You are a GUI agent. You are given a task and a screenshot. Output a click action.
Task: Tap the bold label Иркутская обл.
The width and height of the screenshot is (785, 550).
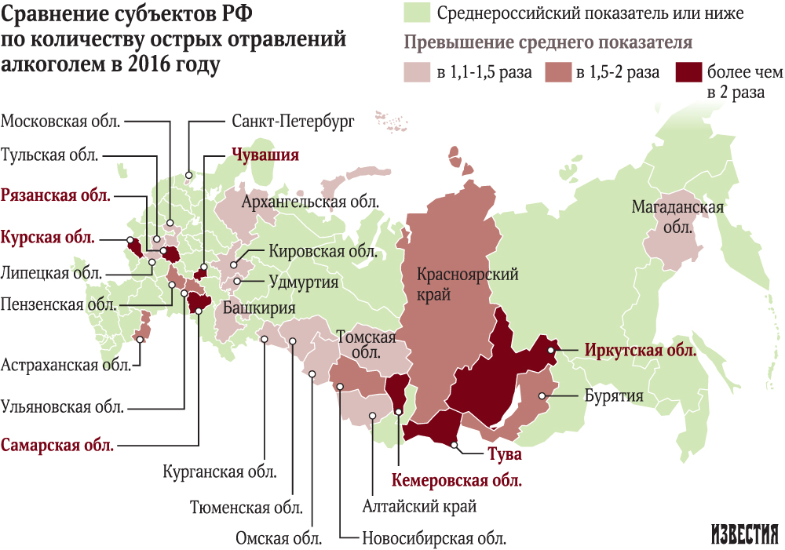click(x=639, y=351)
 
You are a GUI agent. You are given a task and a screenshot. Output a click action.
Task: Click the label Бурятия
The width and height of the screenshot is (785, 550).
click(x=614, y=395)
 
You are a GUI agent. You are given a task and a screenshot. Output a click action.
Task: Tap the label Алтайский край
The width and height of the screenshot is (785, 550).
click(x=419, y=507)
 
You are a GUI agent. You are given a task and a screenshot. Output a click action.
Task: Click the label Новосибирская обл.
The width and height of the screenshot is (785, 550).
click(x=433, y=539)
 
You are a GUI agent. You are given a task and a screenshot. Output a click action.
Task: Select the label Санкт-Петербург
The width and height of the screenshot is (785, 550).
click(x=294, y=122)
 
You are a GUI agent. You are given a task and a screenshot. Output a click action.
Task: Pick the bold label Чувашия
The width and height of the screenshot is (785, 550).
click(x=265, y=155)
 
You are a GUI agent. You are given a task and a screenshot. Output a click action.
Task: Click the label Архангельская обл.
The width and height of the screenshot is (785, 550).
click(x=310, y=202)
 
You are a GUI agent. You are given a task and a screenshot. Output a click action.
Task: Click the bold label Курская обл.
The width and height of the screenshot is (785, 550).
click(x=48, y=236)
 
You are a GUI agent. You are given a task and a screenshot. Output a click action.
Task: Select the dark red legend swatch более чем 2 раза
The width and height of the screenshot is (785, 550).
click(x=688, y=73)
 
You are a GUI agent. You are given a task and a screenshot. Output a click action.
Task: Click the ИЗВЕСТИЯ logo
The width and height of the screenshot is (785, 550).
click(x=745, y=533)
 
